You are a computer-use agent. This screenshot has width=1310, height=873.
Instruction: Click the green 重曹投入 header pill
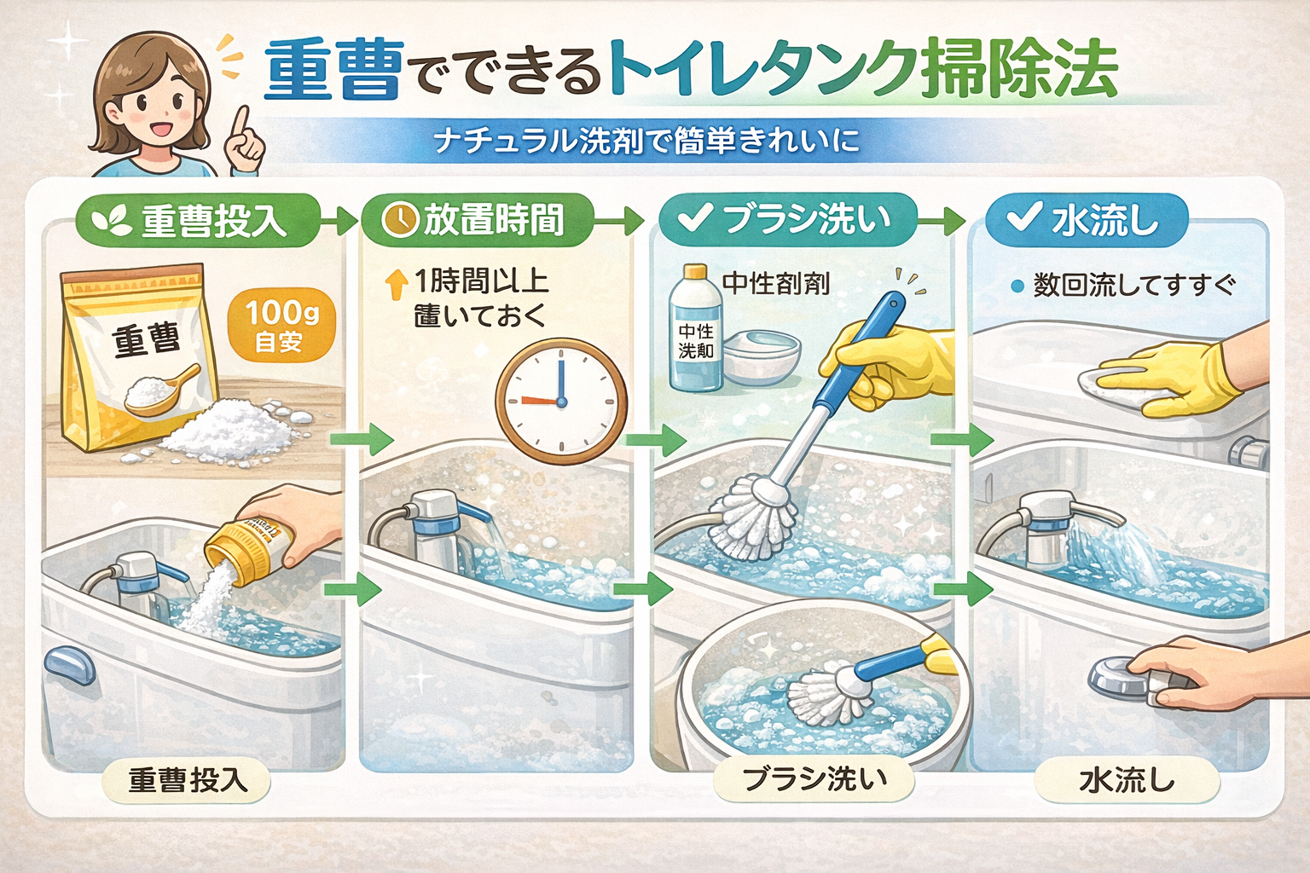click(x=198, y=221)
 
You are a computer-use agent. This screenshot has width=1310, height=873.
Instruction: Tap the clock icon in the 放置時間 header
click(x=398, y=220)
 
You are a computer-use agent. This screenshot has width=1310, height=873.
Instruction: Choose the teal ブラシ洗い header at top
click(x=786, y=219)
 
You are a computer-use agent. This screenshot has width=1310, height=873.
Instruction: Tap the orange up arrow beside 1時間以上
click(x=397, y=284)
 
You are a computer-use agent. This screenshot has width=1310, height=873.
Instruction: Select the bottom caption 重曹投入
click(x=187, y=780)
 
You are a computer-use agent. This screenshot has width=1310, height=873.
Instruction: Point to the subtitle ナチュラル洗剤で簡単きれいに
click(x=646, y=141)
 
